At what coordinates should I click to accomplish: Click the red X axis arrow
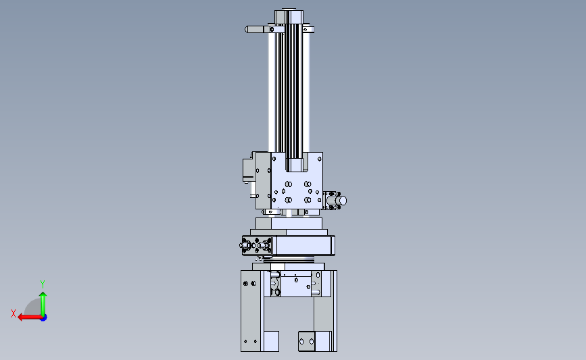point(30,317)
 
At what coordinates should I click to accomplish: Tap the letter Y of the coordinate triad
point(43,284)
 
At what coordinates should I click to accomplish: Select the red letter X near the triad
point(14,313)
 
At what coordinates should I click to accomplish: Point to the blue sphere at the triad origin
point(44,318)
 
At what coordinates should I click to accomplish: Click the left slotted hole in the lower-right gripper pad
point(302,341)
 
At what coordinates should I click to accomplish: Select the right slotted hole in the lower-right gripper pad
point(312,341)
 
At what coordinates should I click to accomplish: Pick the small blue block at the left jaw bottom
point(271,341)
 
